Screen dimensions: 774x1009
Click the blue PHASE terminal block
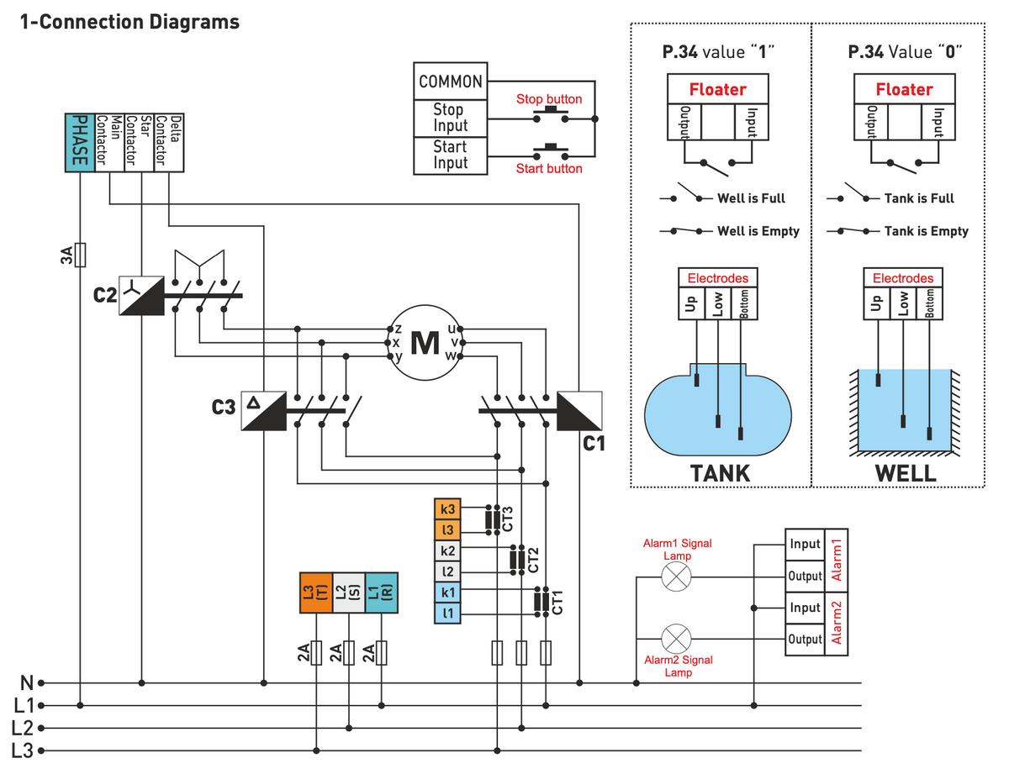pyautogui.click(x=80, y=142)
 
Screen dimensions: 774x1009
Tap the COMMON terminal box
pyautogui.click(x=450, y=82)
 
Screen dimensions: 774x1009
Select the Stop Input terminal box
pyautogui.click(x=450, y=118)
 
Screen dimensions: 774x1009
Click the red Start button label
pyautogui.click(x=549, y=169)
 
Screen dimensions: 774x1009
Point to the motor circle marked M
pyautogui.click(x=425, y=342)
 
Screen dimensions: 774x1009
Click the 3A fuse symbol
pyautogui.click(x=80, y=255)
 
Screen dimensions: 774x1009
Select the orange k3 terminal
pyautogui.click(x=448, y=509)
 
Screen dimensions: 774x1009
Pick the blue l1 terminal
pyautogui.click(x=448, y=614)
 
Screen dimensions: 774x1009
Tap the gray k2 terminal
pyautogui.click(x=448, y=551)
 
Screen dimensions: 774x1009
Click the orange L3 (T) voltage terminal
pyautogui.click(x=315, y=592)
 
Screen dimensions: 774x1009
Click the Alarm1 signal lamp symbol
pyautogui.click(x=676, y=577)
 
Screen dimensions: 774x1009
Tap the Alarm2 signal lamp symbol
pyautogui.click(x=676, y=640)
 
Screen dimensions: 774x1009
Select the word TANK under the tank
pyautogui.click(x=720, y=473)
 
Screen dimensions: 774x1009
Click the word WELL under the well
pyautogui.click(x=905, y=473)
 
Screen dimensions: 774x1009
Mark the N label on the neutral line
pyautogui.click(x=26, y=683)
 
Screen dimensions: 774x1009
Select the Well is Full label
pyautogui.click(x=751, y=198)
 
